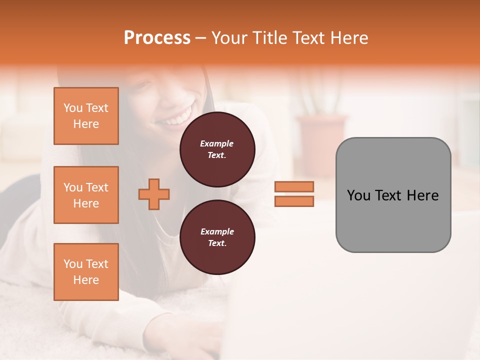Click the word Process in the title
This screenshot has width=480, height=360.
pyautogui.click(x=157, y=38)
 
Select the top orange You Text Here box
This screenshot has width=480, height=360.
pyautogui.click(x=86, y=116)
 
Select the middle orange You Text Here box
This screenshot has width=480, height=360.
pyautogui.click(x=86, y=195)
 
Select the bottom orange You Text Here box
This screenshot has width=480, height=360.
pyautogui.click(x=86, y=272)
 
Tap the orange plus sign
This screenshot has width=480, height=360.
pyautogui.click(x=154, y=194)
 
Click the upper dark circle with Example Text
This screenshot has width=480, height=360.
pyautogui.click(x=217, y=149)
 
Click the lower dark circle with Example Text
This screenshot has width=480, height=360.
pyautogui.click(x=217, y=237)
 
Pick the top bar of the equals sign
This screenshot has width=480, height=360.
pyautogui.click(x=294, y=186)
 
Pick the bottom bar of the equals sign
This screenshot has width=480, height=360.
pyautogui.click(x=294, y=201)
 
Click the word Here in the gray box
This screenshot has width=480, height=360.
pyautogui.click(x=422, y=195)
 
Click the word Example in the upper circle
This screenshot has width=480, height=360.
pyautogui.click(x=217, y=143)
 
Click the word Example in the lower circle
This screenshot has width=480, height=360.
pyautogui.click(x=217, y=231)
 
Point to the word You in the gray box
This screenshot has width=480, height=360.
pyautogui.click(x=359, y=195)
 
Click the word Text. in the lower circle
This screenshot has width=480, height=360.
pyautogui.click(x=217, y=243)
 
